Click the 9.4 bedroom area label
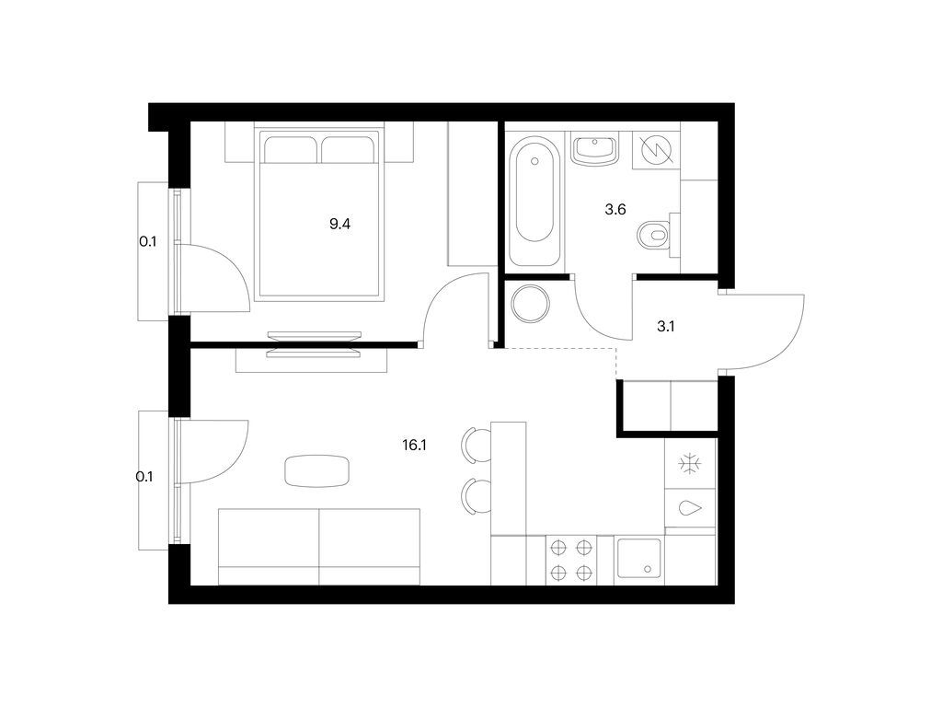pyautogui.click(x=339, y=222)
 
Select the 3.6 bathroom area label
pyautogui.click(x=615, y=209)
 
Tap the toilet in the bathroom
pyautogui.click(x=655, y=236)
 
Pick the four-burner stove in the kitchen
pyautogui.click(x=569, y=560)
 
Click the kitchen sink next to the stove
pyautogui.click(x=638, y=559)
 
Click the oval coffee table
pyautogui.click(x=318, y=470)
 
